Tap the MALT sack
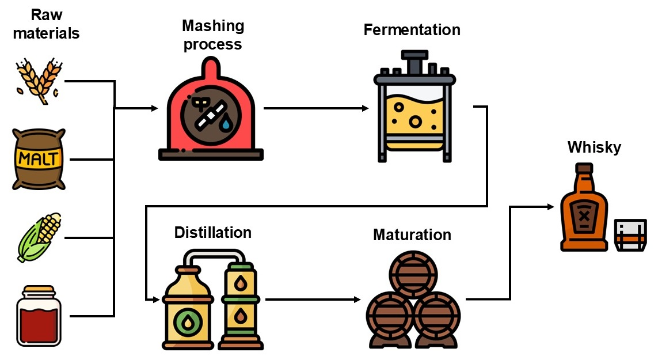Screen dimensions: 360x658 [39, 159]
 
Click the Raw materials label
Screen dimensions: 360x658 [46, 24]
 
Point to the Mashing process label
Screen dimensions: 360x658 [213, 35]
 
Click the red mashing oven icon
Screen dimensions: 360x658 [211, 115]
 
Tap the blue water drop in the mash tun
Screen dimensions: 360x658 [227, 124]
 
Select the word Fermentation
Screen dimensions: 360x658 [412, 29]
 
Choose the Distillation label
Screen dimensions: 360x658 [213, 232]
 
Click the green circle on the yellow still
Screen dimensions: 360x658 [187, 322]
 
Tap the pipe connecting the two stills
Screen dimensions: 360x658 [213, 253]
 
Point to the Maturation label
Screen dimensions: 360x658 [412, 234]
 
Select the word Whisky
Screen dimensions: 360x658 [594, 147]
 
